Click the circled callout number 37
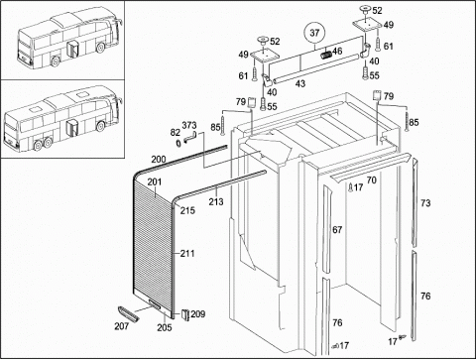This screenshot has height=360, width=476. click(x=314, y=33)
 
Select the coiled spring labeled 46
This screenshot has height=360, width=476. click(x=326, y=54)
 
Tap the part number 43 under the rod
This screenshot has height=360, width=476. click(x=300, y=83)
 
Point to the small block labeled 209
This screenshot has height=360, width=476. click(x=184, y=314)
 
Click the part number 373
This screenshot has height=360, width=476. click(x=189, y=125)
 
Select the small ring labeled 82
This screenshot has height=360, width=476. click(x=178, y=143)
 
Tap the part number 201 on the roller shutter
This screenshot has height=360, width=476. click(x=155, y=182)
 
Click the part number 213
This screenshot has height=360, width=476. click(x=216, y=201)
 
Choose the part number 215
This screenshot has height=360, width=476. click(x=187, y=210)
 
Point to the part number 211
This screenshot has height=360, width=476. click(x=187, y=254)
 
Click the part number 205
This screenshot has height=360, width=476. click(x=165, y=327)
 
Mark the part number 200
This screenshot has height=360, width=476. click(x=159, y=160)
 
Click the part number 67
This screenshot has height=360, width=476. click(x=337, y=229)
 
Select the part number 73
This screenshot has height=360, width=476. click(x=425, y=203)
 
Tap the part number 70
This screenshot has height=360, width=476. click(x=372, y=180)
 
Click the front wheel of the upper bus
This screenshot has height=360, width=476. click(x=100, y=48)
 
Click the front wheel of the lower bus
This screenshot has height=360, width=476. click(x=100, y=126)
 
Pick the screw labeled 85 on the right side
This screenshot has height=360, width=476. click(x=407, y=122)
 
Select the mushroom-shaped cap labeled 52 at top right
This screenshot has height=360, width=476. click(x=366, y=10)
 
